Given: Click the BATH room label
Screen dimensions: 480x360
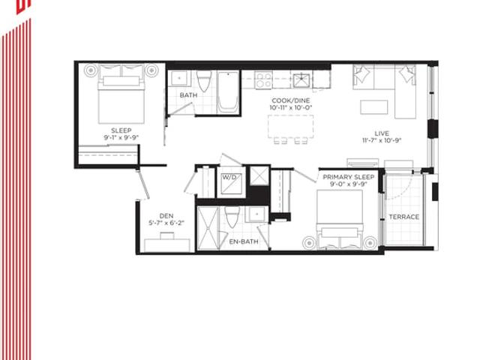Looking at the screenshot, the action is (188, 95).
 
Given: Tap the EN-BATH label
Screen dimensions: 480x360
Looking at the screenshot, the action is (244, 241).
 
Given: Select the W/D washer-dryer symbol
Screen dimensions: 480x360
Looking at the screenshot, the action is (232, 184).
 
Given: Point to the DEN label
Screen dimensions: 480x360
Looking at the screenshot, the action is (166, 216).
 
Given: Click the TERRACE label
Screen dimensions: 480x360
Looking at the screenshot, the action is (403, 217).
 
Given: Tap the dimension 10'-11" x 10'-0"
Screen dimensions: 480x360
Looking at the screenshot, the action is (290, 108).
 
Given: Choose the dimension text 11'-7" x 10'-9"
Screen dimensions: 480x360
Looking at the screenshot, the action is (382, 140).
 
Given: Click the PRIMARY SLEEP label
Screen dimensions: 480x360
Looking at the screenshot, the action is (348, 177).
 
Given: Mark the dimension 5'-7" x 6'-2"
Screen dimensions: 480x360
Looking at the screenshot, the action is (166, 223).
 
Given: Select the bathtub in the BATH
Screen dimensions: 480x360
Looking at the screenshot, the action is (228, 91).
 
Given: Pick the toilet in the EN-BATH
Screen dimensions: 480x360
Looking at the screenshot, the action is (232, 216).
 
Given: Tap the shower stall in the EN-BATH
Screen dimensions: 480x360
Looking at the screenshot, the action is (208, 228).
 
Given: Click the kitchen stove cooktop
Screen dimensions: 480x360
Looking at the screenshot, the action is (264, 80).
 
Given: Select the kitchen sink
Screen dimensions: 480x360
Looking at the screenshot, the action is (301, 80).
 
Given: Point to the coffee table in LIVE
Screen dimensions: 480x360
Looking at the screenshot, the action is (373, 107).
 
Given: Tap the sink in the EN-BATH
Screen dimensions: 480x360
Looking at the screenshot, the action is (256, 214).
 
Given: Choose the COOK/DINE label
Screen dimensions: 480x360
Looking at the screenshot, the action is (290, 100).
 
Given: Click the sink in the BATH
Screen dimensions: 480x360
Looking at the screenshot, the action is (179, 78).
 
